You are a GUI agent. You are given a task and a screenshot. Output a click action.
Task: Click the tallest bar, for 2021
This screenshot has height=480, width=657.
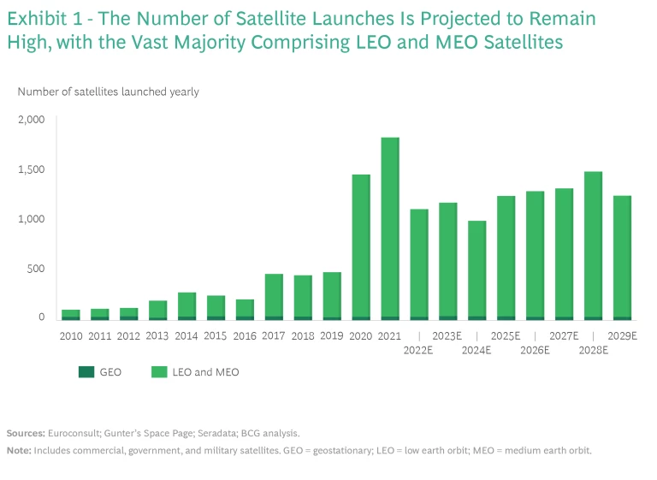390,228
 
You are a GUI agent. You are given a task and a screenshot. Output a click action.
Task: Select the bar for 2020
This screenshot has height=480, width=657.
361,247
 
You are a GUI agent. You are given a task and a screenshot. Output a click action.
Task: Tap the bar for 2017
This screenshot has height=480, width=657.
274,297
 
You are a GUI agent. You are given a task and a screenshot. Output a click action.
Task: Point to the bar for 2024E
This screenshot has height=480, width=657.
476,270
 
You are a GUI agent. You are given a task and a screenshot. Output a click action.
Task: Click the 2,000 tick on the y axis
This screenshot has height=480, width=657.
32,120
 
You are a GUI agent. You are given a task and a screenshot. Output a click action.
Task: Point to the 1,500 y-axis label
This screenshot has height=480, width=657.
32,169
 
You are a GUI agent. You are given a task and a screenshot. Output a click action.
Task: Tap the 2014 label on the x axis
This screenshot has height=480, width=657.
186,336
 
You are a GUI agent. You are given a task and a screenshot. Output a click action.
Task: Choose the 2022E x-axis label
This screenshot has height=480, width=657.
419,350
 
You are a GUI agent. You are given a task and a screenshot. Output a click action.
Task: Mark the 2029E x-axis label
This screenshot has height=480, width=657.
622,336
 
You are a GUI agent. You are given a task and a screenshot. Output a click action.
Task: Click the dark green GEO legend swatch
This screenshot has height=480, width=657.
87,372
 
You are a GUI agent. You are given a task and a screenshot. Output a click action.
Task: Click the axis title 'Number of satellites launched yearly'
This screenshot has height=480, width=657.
108,92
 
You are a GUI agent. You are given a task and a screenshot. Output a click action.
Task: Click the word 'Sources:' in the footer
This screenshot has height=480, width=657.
24,434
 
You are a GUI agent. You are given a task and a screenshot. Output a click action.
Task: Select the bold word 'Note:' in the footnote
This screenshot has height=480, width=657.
18,450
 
